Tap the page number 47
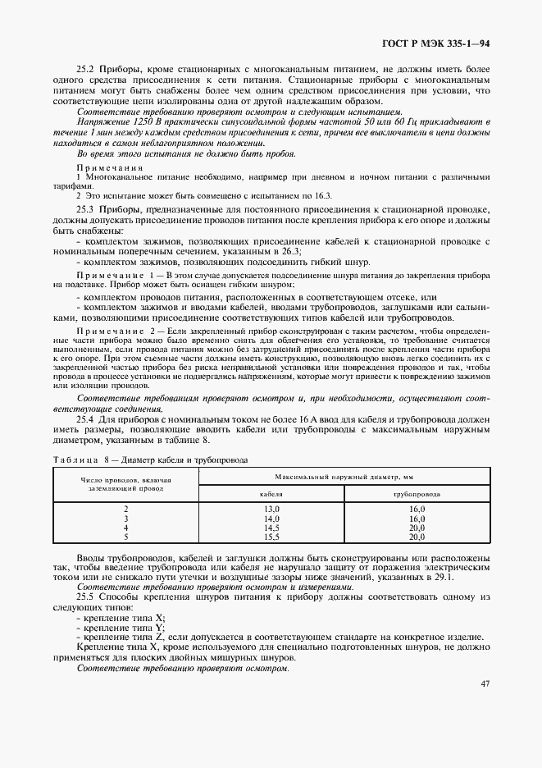pos(485,683)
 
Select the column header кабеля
pos(271,495)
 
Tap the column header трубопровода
pos(417,495)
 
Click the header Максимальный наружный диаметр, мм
pos(344,476)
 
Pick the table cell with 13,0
pos(271,510)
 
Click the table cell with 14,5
pos(271,528)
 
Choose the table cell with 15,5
pos(271,537)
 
